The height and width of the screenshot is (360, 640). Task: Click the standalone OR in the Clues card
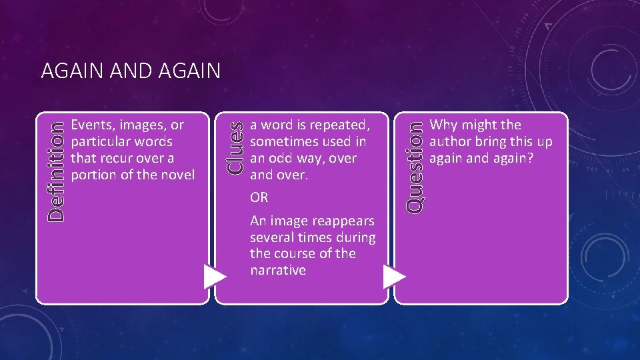click(259, 198)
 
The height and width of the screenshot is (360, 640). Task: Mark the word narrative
click(277, 270)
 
